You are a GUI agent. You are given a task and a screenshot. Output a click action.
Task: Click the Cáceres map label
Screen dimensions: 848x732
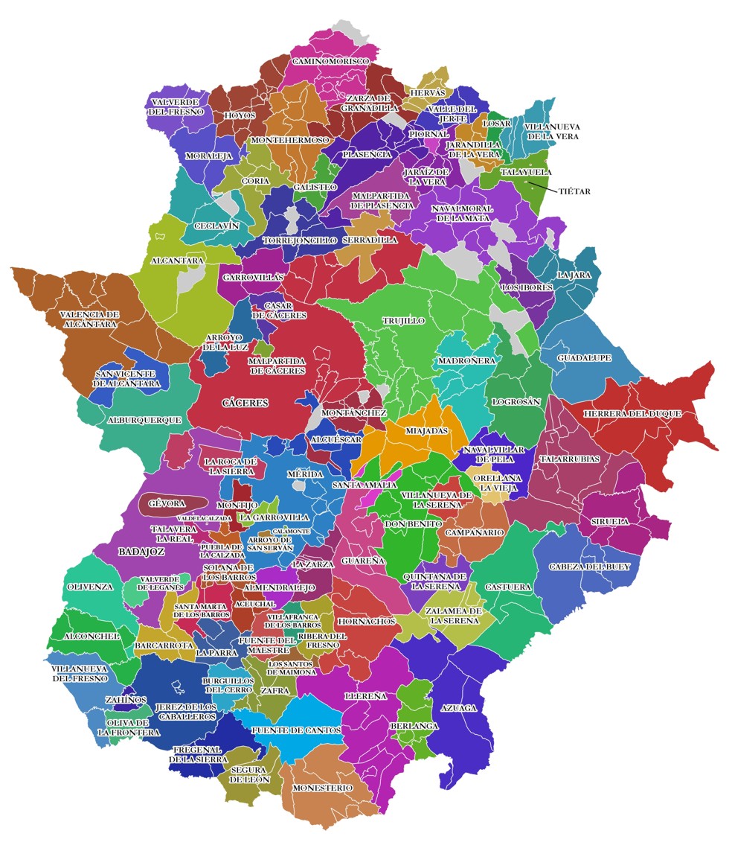point(245,403)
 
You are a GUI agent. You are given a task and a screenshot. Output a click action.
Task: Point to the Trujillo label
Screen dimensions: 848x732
point(403,321)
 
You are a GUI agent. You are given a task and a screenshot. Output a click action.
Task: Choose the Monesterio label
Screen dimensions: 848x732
point(322,787)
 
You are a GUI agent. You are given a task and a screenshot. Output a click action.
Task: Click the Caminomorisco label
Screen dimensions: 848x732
point(330,60)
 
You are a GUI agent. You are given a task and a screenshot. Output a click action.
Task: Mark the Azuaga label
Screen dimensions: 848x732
point(458,707)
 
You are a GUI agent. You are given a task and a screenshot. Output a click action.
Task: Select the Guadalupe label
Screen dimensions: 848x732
point(584,358)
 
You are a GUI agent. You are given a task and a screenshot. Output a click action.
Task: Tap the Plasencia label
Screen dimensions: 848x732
point(367,154)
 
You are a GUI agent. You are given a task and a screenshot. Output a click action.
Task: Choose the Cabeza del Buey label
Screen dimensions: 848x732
point(589,567)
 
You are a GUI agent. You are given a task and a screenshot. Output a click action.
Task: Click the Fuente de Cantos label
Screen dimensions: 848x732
point(296,730)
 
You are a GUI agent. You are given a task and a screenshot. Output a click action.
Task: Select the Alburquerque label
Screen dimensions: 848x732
point(144,420)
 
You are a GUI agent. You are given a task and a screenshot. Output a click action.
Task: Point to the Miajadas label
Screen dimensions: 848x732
point(426,430)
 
